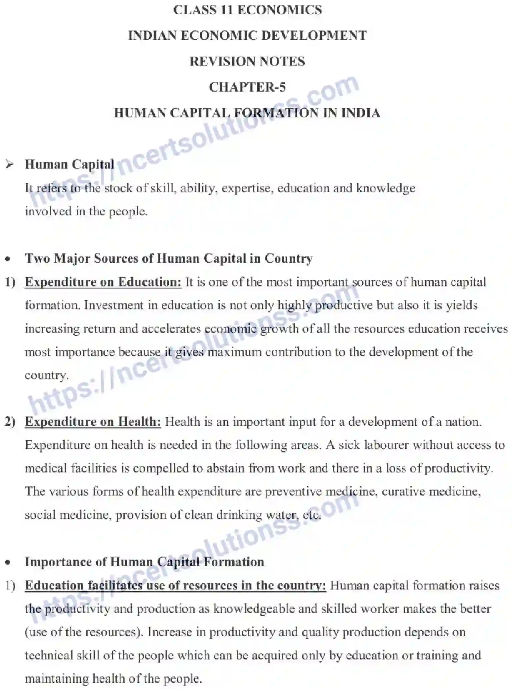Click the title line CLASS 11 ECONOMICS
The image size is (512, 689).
point(247,10)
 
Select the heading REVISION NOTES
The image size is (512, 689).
point(247,61)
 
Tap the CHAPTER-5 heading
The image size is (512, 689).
point(247,87)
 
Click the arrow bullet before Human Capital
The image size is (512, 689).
point(10,164)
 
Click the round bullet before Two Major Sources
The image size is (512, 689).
point(8,259)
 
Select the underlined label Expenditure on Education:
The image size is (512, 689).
point(103,282)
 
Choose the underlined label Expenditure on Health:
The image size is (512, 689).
point(93,422)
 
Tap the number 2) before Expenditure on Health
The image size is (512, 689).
point(10,422)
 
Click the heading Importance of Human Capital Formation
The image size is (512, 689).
point(144,562)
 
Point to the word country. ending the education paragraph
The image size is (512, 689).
point(46,376)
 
